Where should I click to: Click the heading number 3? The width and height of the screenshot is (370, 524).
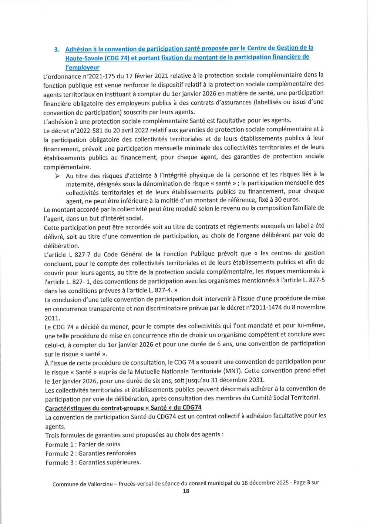pyautogui.click(x=57, y=50)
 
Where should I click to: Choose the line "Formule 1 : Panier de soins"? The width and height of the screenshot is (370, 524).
pyautogui.click(x=83, y=444)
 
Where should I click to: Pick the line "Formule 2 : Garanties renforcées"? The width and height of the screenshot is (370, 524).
pyautogui.click(x=91, y=453)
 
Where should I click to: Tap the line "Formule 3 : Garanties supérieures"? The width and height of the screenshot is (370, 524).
pyautogui.click(x=93, y=462)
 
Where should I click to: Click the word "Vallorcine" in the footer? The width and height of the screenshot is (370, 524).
pyautogui.click(x=100, y=484)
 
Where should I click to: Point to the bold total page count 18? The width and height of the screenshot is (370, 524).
pyautogui.click(x=186, y=491)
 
